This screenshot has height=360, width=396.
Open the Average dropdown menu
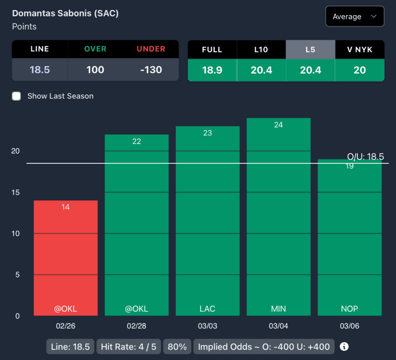click(355, 17)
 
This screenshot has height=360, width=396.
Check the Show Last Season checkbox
click(16, 96)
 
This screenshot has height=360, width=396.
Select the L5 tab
click(310, 49)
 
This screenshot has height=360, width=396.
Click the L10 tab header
click(261, 49)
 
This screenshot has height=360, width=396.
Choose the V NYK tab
click(359, 49)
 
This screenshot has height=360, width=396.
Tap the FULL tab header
click(212, 49)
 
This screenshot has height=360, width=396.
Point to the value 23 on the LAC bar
click(208, 133)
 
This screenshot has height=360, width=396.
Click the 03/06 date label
click(350, 326)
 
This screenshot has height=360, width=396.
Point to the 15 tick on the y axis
click(15, 192)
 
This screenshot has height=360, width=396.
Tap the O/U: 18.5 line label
click(365, 156)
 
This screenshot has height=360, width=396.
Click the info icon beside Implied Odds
click(344, 346)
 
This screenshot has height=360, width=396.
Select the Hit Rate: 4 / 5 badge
click(128, 346)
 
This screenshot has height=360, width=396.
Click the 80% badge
click(178, 346)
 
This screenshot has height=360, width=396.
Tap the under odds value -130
click(151, 70)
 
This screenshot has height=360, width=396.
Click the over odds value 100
click(95, 70)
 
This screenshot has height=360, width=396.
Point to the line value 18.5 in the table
click(40, 70)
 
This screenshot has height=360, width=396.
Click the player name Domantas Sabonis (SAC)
click(65, 13)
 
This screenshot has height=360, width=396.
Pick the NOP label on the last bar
click(350, 309)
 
